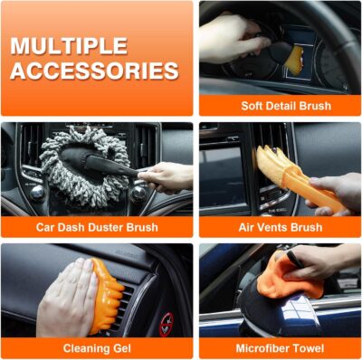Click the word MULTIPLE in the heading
pos(68,45)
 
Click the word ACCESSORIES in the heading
pos(95,71)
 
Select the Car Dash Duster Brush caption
pos(97,226)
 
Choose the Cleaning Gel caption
pos(97,346)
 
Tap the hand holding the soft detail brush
pos(231,36)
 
